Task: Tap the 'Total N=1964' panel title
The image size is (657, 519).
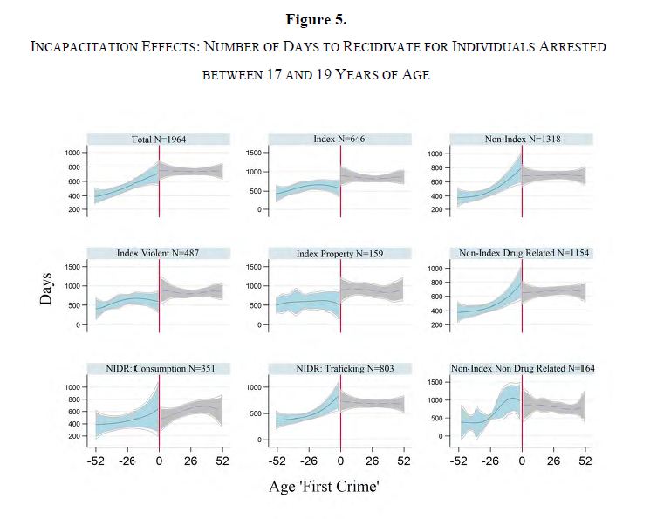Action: [158, 139]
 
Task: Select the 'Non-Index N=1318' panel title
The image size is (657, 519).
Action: [521, 139]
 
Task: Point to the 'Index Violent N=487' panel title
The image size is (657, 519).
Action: [158, 253]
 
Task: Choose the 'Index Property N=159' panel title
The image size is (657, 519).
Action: [339, 253]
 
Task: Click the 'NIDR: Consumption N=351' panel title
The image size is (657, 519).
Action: [158, 368]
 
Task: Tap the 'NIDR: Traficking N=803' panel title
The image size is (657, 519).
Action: [339, 368]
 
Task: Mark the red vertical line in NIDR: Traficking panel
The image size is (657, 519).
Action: [340, 409]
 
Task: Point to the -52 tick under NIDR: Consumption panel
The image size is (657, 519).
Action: [96, 460]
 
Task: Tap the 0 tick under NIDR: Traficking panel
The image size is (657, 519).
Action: [340, 460]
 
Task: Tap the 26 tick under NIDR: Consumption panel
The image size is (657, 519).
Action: [190, 460]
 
